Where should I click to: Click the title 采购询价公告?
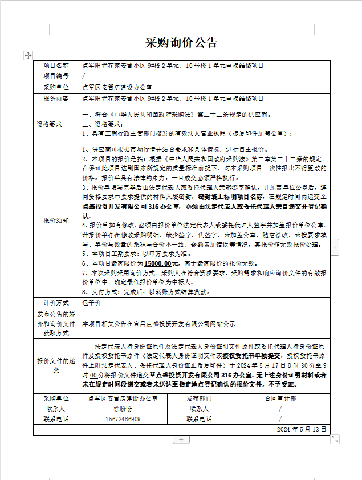pos(181,42)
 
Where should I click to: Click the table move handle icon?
pos(28,55)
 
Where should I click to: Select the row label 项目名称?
pos(56,66)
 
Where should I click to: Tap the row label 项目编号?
pos(56,76)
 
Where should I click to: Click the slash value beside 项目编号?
pos(84,76)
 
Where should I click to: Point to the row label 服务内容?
pos(56,98)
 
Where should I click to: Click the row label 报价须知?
pos(56,220)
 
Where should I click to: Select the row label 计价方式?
pos(56,302)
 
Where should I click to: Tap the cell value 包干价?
pos(92,302)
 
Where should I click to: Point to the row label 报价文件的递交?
pos(56,365)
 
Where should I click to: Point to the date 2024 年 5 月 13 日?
pos(302,429)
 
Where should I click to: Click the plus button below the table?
pos(181,440)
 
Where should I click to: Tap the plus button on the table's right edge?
pos(335,247)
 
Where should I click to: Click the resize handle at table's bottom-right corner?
pos(335,439)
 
